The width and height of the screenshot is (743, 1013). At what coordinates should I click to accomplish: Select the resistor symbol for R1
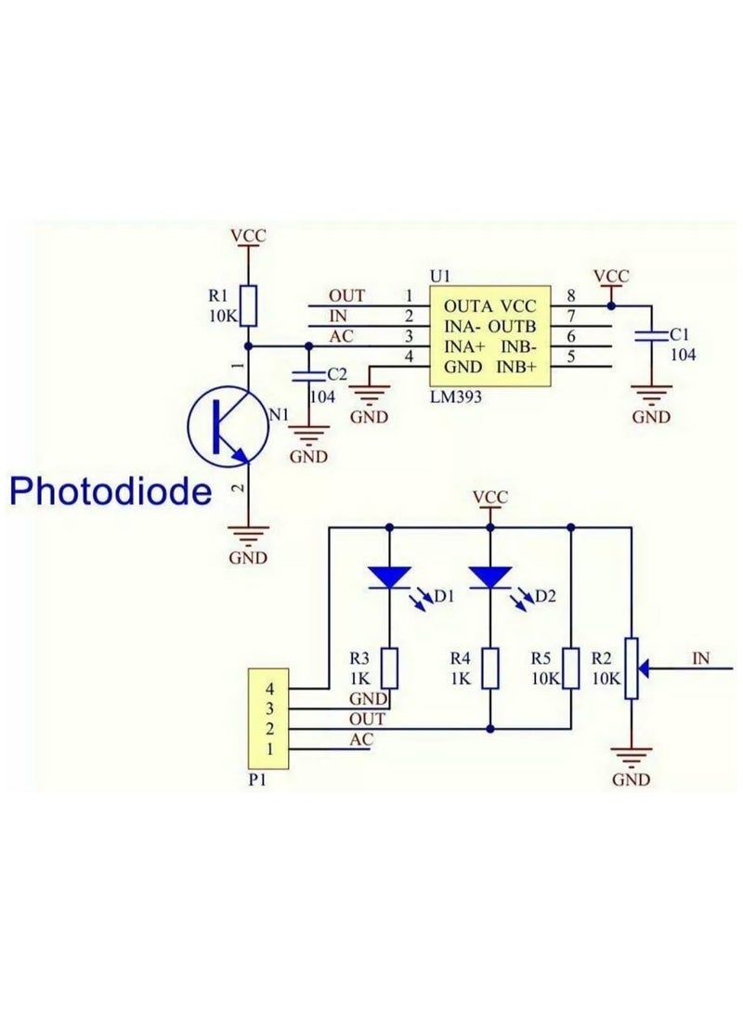(248, 305)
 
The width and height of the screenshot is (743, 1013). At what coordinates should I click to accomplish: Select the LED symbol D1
(389, 578)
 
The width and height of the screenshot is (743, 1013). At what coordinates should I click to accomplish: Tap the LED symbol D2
(489, 578)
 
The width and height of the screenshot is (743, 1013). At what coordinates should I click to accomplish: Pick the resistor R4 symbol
(489, 668)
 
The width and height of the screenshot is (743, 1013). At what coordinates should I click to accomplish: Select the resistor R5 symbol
(570, 668)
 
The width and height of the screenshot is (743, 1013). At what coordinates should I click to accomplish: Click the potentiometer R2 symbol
(632, 668)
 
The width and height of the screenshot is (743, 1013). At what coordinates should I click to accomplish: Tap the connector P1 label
(258, 781)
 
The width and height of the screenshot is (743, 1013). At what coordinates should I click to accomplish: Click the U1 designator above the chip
(439, 277)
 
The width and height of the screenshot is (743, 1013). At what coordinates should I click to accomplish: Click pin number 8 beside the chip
(569, 296)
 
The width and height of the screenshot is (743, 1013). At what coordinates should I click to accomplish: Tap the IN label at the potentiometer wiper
(701, 658)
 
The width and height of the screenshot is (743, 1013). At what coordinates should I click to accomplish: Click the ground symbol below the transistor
(248, 536)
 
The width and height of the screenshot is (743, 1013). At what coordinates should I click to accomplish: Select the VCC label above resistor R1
(248, 236)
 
